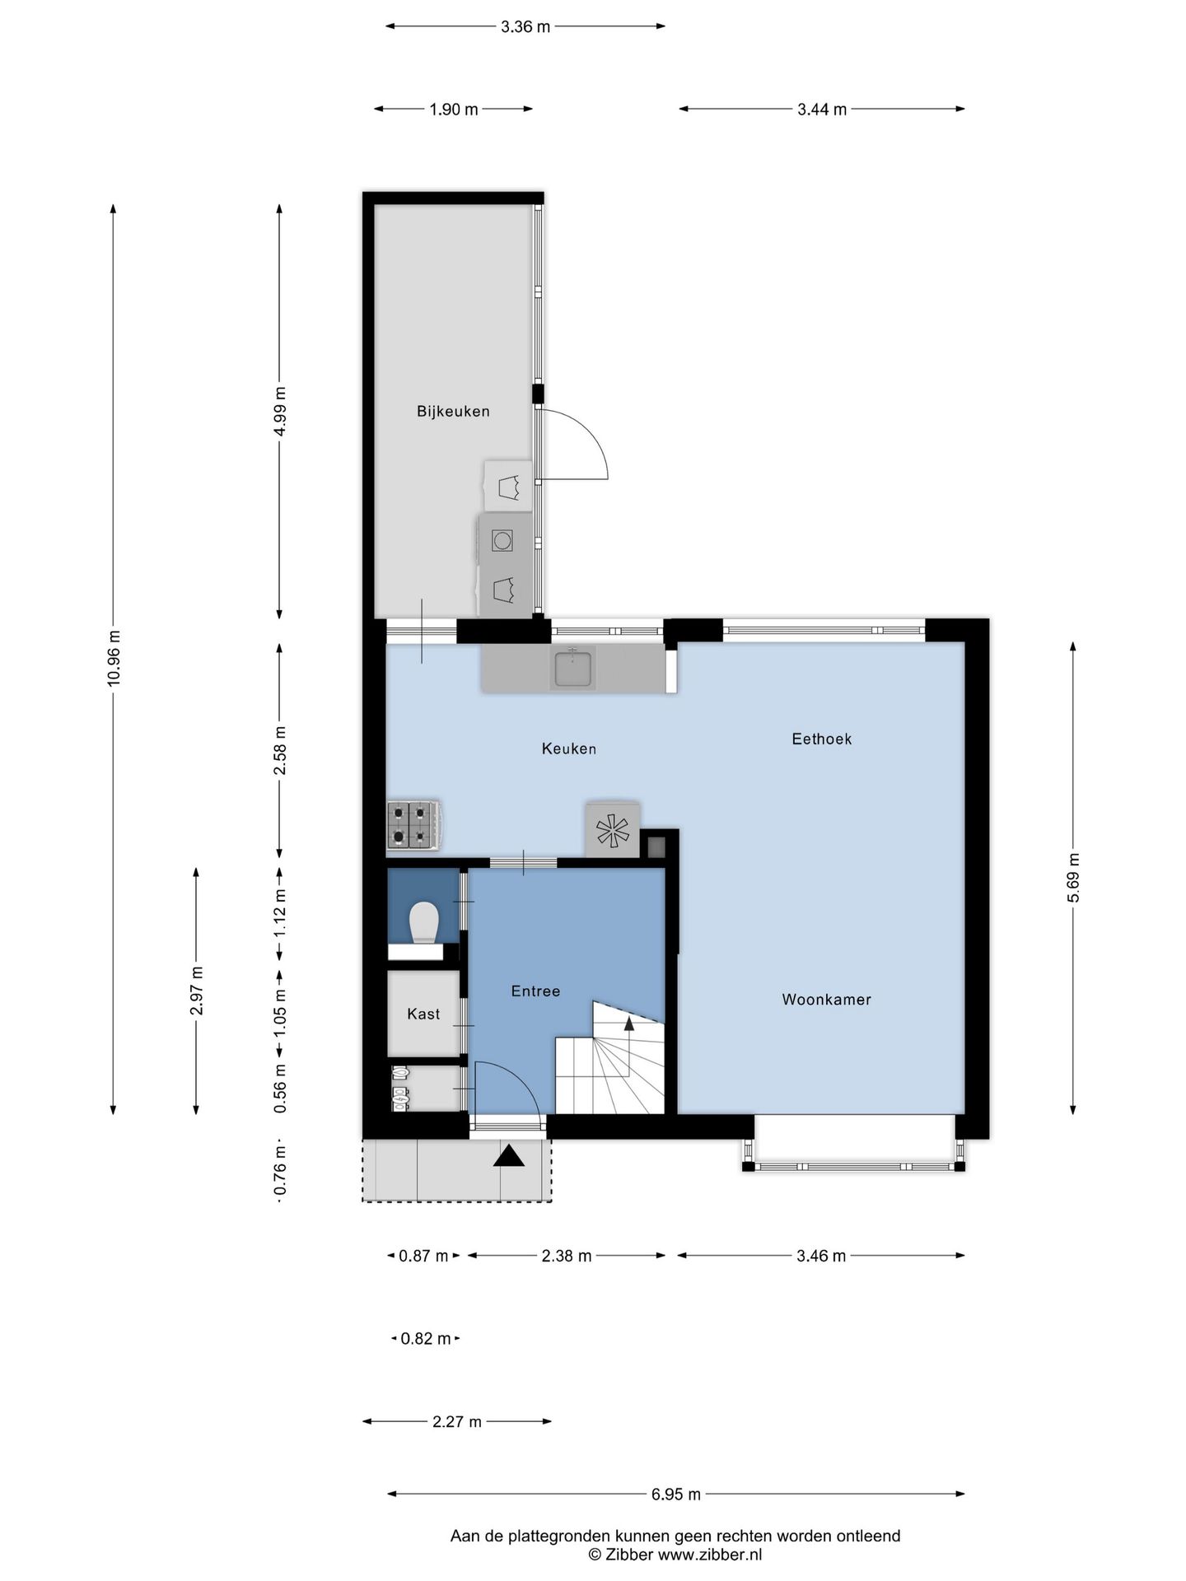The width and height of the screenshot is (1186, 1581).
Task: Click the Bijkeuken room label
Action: [453, 412]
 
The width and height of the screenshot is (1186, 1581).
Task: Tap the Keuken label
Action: [569, 749]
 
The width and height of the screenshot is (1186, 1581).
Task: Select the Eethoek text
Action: [822, 739]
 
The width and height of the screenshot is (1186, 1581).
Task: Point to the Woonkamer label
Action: [826, 1000]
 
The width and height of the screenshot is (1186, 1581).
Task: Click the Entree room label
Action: [535, 991]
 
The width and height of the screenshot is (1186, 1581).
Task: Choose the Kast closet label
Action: [423, 1014]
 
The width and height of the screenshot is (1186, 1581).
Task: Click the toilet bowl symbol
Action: [424, 922]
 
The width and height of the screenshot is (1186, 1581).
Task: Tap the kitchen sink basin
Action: [573, 667]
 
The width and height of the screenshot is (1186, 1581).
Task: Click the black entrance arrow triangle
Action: [509, 1156]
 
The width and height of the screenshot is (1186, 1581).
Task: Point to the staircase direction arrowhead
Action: [629, 1023]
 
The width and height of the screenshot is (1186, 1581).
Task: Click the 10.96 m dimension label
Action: [114, 658]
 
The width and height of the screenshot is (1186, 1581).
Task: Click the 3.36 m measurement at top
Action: [525, 27]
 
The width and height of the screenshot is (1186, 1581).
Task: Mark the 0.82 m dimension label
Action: [426, 1339]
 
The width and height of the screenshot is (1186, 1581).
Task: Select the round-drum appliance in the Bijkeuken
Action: [502, 540]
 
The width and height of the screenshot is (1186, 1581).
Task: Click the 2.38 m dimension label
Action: [567, 1256]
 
